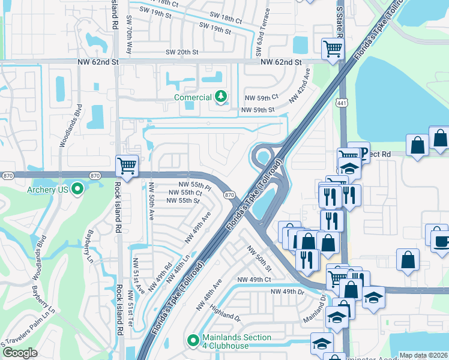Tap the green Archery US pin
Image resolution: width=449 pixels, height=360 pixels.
(77, 190)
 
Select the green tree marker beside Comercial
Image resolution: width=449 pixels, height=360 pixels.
(221, 97)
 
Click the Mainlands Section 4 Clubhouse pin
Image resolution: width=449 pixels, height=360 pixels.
(193, 341)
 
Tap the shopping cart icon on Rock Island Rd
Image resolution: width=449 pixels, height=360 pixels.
(127, 165)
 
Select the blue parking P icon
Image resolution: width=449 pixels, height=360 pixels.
(360, 151)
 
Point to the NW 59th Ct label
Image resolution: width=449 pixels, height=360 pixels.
(261, 97)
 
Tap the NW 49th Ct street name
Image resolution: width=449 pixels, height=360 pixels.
(254, 280)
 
